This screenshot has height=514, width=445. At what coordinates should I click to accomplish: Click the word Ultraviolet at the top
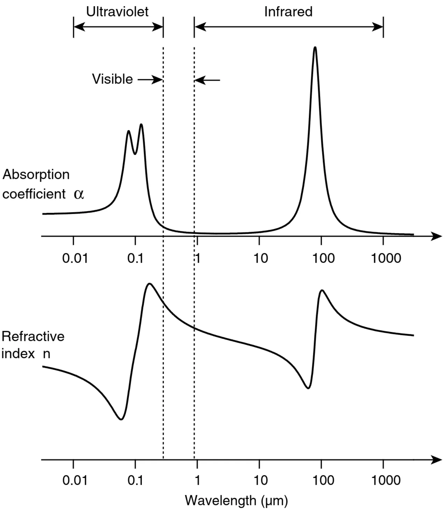click(x=117, y=12)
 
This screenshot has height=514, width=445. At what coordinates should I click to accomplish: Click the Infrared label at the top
click(x=288, y=12)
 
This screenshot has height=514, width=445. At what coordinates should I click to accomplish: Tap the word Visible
click(x=112, y=79)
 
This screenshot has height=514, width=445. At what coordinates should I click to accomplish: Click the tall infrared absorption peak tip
click(x=315, y=47)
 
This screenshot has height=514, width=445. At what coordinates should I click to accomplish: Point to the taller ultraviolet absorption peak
click(x=141, y=125)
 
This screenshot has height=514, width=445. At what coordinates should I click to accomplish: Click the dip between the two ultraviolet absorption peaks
click(x=135, y=153)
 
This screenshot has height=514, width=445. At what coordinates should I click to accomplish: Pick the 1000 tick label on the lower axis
click(x=386, y=480)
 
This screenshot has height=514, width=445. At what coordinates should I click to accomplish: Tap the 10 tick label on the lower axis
click(x=260, y=480)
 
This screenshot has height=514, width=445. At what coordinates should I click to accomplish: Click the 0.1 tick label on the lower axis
click(x=135, y=480)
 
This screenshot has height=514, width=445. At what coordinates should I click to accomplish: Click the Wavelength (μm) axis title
click(x=236, y=501)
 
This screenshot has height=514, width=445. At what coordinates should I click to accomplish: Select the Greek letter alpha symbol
click(x=79, y=194)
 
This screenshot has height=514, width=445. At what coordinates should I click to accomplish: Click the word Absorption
click(x=36, y=174)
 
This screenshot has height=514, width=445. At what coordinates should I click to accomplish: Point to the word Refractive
click(x=33, y=336)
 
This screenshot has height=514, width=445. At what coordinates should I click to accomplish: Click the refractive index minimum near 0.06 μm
click(x=121, y=419)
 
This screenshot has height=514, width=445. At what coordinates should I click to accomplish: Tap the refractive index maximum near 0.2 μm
click(x=150, y=284)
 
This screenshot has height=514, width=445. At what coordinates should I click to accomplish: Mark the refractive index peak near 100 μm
click(x=322, y=290)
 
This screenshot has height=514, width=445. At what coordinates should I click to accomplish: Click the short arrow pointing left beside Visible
click(x=207, y=80)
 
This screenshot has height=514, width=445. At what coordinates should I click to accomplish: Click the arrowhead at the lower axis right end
click(x=437, y=460)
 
